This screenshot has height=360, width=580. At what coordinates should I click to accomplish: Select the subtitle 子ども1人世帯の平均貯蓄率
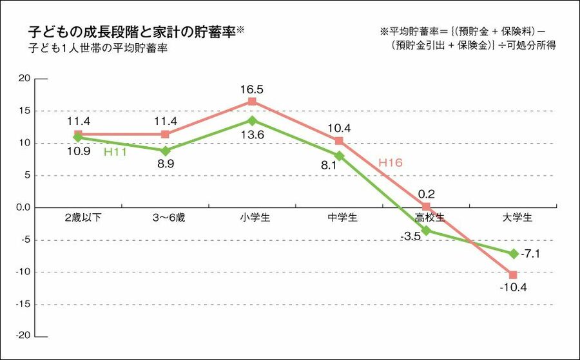(98, 48)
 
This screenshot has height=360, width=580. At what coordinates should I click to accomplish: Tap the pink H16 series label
(390, 163)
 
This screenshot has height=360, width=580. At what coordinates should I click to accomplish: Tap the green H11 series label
(115, 152)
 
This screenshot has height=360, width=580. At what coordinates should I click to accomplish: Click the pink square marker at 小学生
(252, 102)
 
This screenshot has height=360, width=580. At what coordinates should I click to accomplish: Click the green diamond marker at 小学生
(252, 120)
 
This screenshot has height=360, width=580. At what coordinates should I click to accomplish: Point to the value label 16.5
(252, 90)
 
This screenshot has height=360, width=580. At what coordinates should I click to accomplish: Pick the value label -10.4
(513, 287)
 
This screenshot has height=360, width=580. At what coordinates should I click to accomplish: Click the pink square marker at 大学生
(513, 274)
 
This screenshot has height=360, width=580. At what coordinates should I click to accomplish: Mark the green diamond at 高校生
(426, 231)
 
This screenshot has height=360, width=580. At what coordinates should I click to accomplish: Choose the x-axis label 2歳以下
(78, 218)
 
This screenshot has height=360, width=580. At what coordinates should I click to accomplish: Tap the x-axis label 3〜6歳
(165, 218)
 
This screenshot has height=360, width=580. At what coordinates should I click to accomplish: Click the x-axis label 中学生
(339, 218)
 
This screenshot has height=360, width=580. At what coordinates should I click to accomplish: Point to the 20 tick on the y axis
(24, 79)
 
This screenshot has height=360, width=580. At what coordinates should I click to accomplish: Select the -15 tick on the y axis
(23, 304)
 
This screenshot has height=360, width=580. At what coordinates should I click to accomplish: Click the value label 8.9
(165, 164)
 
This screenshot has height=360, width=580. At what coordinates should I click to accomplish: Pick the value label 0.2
(426, 193)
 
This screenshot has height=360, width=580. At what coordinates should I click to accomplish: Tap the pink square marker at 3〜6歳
(165, 134)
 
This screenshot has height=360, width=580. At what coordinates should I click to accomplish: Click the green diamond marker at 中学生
(339, 156)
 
